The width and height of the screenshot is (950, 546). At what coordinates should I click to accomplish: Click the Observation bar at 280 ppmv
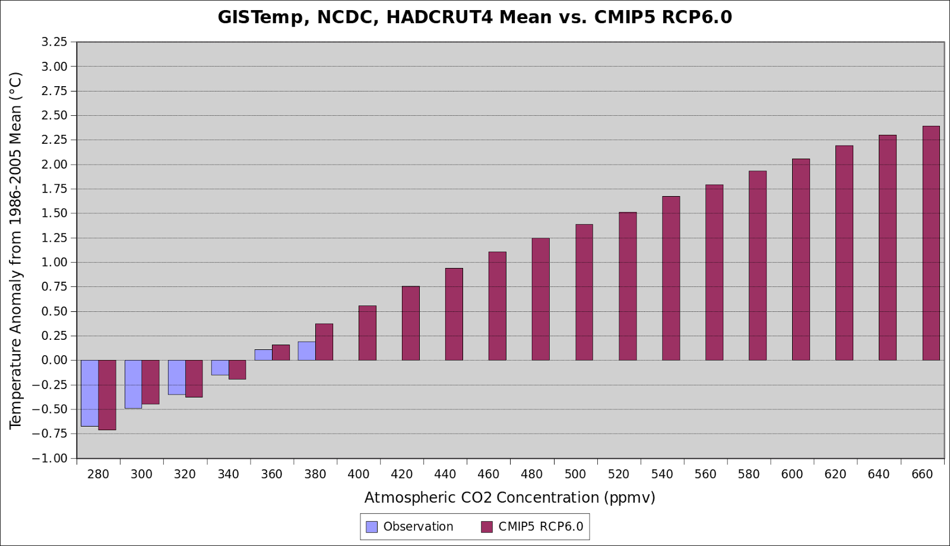(x=90, y=393)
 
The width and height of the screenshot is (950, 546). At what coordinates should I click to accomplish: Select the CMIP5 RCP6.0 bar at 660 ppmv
(x=931, y=243)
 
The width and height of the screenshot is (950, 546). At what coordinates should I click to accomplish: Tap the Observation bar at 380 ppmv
(x=306, y=351)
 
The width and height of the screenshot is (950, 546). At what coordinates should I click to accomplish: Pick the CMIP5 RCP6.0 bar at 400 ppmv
(x=368, y=333)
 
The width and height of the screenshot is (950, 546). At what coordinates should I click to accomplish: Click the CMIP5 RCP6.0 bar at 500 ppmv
(x=584, y=292)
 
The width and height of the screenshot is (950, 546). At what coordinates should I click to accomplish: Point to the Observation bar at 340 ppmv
(x=220, y=368)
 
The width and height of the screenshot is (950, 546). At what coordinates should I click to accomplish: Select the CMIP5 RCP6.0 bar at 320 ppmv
(x=194, y=378)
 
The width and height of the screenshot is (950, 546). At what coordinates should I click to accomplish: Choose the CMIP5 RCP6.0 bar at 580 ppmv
(x=758, y=266)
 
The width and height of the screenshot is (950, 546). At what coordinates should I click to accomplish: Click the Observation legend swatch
(x=372, y=527)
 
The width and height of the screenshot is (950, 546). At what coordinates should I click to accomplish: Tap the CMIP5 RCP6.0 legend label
(x=541, y=527)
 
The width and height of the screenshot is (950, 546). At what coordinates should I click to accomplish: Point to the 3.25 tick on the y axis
(x=54, y=42)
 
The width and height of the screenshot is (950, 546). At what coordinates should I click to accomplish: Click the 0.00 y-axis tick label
(x=54, y=360)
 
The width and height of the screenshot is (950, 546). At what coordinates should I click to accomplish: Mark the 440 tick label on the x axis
(x=445, y=474)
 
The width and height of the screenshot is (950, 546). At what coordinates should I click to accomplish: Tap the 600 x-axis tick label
(x=792, y=474)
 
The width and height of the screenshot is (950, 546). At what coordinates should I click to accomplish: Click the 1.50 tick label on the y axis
(x=54, y=213)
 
